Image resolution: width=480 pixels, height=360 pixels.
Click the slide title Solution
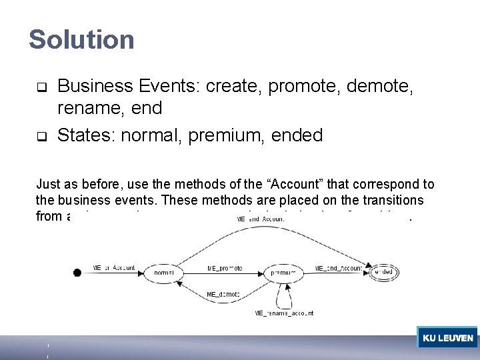(x=81, y=39)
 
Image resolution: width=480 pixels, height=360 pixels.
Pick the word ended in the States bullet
(x=296, y=135)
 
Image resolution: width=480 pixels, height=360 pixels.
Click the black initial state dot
(x=77, y=272)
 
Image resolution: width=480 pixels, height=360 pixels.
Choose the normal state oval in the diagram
(x=164, y=273)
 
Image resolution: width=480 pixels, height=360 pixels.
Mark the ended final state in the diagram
(x=383, y=272)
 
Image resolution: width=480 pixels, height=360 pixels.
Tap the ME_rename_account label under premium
(x=285, y=313)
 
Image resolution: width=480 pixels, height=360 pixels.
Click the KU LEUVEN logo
(x=447, y=338)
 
